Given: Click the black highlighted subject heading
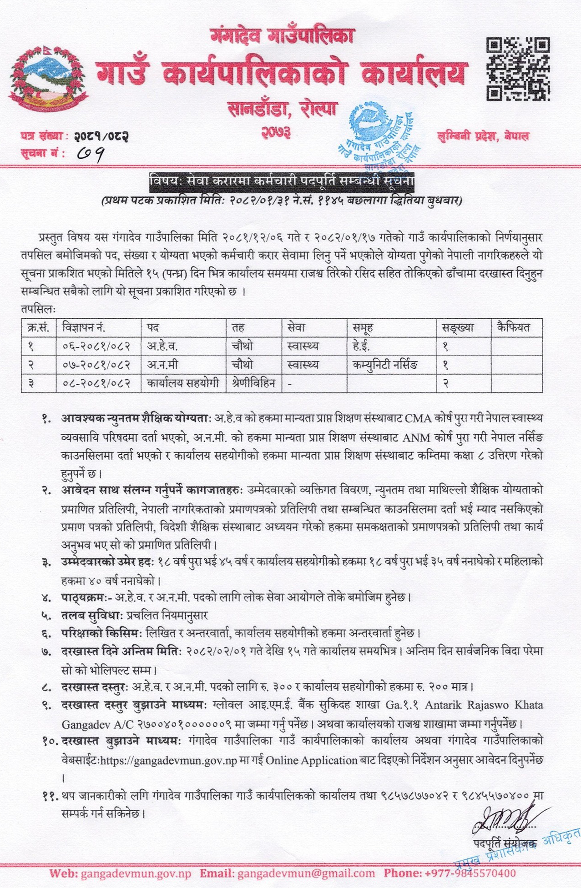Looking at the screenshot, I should click(282, 181).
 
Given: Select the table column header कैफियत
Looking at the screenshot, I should click(514, 327).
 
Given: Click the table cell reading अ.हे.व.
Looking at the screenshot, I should click(162, 346).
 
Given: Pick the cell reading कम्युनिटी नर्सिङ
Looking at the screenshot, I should click(385, 365).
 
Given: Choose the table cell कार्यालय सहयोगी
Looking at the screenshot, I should click(183, 383).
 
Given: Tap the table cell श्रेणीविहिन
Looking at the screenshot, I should click(253, 383).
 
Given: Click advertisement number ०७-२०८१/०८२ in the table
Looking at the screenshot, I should click(97, 365).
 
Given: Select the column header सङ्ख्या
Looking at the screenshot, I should click(458, 327).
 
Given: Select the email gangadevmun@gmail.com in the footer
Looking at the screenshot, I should click(306, 873).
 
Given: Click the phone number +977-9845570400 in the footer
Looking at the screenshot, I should click(470, 873).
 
